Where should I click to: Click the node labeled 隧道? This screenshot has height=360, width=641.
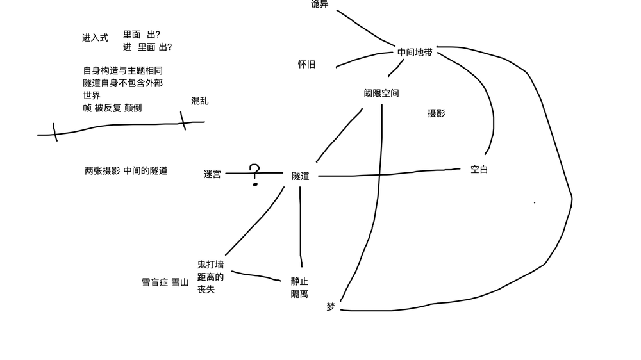[300, 176]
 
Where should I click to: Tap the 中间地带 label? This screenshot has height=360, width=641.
[415, 53]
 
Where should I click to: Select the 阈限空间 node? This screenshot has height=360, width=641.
[381, 94]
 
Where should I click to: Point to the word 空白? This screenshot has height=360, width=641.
[479, 170]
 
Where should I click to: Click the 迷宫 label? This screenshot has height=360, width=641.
[212, 174]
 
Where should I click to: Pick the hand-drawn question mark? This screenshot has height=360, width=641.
[255, 174]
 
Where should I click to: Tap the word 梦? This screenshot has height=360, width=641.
[330, 307]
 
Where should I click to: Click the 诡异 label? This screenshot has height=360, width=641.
[319, 4]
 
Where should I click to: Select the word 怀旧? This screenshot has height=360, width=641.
[306, 65]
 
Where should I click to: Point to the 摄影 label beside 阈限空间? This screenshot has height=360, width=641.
[436, 113]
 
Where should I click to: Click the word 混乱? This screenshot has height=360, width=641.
[199, 101]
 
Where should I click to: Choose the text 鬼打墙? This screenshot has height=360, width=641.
[210, 265]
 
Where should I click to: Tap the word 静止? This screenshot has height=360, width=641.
[299, 281]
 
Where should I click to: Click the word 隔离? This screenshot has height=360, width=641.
[299, 294]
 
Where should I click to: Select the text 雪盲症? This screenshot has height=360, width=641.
[154, 282]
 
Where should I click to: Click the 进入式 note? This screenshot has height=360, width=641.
[95, 38]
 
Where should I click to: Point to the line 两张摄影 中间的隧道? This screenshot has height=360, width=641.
[126, 171]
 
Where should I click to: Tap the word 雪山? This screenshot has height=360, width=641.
[180, 282]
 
